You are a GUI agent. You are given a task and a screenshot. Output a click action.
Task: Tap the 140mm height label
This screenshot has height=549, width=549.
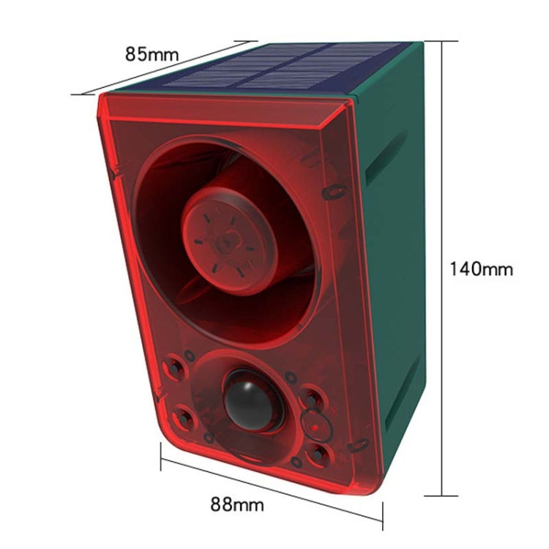pos(481,269)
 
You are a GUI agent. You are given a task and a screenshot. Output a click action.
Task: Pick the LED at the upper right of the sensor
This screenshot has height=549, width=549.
pos(313,397)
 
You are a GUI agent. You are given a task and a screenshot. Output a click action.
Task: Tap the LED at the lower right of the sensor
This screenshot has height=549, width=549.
pos(319,453)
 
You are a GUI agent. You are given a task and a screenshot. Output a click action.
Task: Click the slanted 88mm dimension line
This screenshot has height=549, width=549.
pos(271,490)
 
